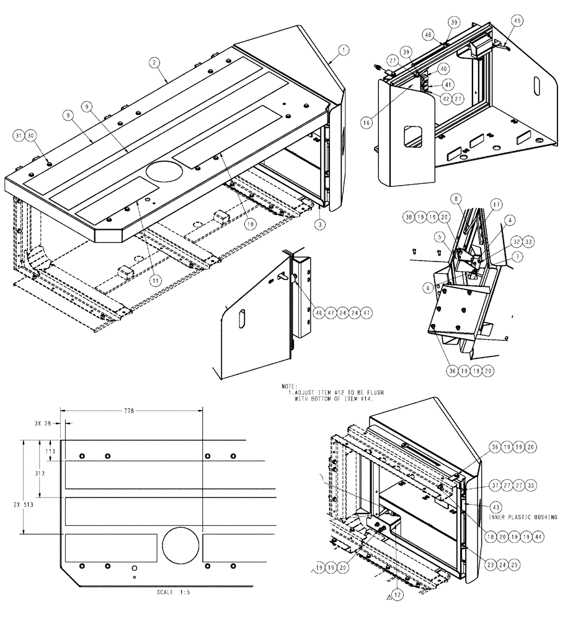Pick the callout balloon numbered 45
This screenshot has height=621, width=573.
pos(517,20)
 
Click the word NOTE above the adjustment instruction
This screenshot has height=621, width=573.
pos(289,386)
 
